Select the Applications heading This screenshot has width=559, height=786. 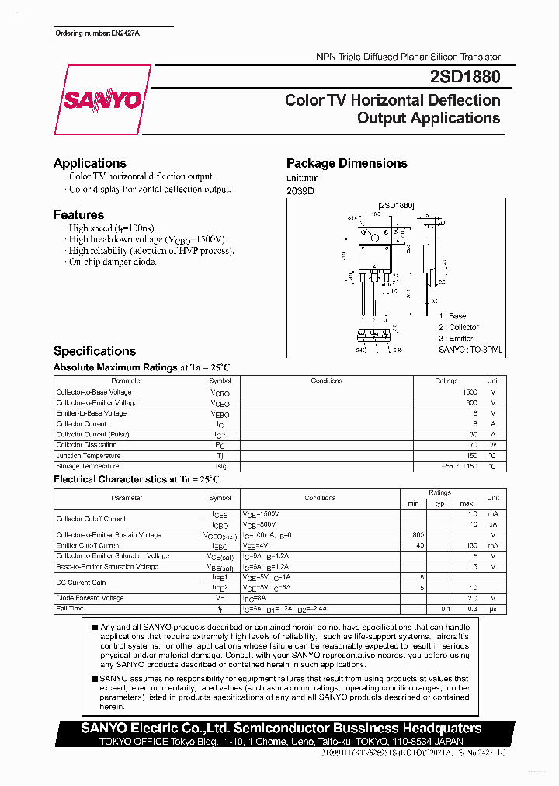[x=90, y=163]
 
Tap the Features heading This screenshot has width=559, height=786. [x=78, y=214]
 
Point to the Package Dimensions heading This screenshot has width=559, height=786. [x=346, y=163]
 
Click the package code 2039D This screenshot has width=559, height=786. [x=301, y=191]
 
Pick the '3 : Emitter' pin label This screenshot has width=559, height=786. [x=456, y=338]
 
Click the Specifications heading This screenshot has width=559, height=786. [x=95, y=351]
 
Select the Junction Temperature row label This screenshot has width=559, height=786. [x=89, y=456]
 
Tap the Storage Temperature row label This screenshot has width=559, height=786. [x=88, y=467]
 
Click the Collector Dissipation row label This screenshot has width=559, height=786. [x=86, y=445]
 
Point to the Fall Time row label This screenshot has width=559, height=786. [x=70, y=609]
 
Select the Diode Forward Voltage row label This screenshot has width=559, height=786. [x=90, y=598]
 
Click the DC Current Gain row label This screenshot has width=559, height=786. [x=82, y=582]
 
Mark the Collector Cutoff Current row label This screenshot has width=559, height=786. [x=91, y=519]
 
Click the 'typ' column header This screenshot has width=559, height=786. [x=439, y=503]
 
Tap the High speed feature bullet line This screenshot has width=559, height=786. [x=113, y=228]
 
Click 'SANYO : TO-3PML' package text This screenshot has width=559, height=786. [x=470, y=350]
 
